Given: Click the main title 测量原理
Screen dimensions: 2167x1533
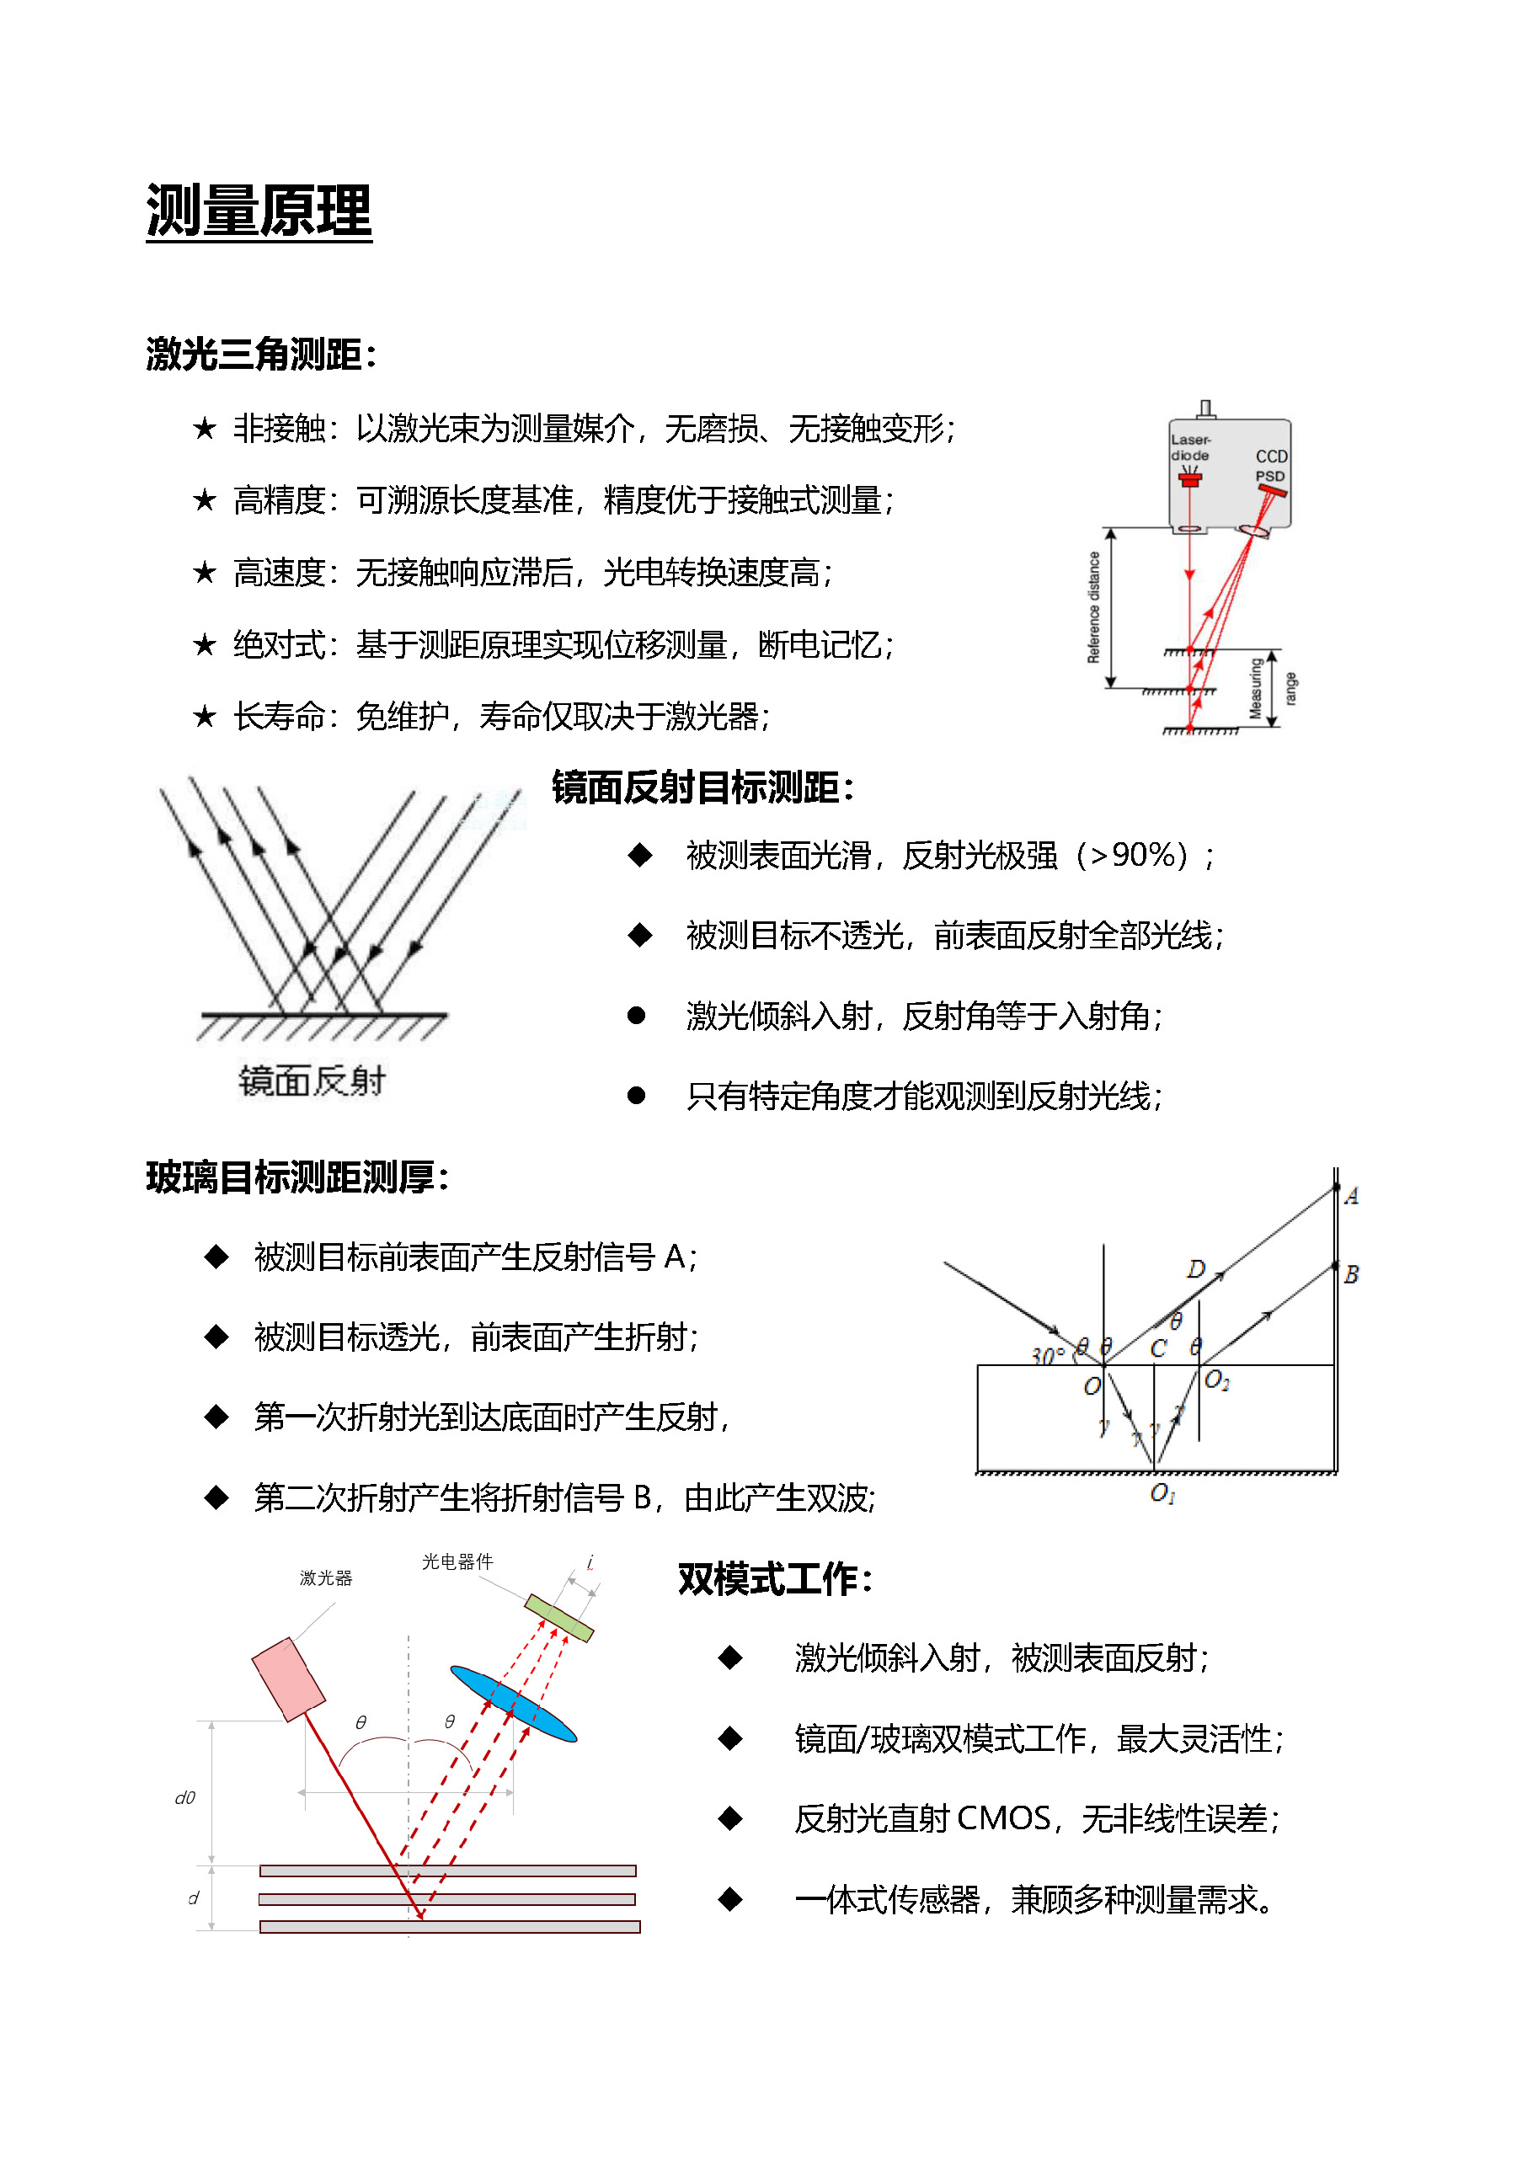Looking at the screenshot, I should [259, 211].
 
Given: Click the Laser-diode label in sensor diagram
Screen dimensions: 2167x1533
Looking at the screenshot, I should [1190, 447].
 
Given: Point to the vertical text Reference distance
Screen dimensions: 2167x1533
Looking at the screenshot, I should [1094, 608].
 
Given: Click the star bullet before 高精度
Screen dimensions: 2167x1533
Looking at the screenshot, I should [204, 501].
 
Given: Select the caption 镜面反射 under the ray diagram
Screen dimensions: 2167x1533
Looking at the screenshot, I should [312, 1081].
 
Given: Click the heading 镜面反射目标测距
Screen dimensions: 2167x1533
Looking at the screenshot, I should [702, 787].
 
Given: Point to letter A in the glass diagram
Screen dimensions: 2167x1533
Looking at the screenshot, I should [1351, 1197].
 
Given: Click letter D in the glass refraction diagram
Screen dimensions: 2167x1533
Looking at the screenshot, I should [1196, 1269].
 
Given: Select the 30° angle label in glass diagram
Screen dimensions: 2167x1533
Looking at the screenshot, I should [1048, 1356].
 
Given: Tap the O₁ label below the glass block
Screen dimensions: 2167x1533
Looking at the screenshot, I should [1162, 1493].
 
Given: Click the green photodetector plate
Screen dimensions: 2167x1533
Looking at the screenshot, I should [558, 1618].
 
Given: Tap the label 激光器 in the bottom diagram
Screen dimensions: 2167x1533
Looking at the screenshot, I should [326, 1578].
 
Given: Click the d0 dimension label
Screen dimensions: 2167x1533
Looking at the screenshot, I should [185, 1798].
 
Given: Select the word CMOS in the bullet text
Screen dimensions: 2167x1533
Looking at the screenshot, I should [1003, 1818].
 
